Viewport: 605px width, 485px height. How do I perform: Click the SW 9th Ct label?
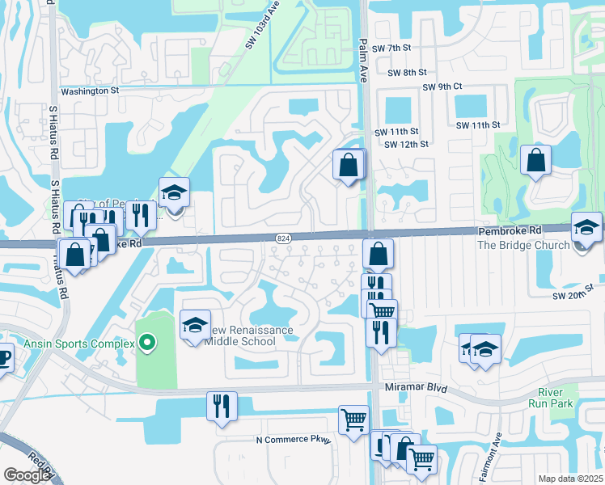[x=441, y=86]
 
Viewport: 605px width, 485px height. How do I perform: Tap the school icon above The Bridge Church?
[x=586, y=227]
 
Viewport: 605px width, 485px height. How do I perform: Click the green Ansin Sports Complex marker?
[x=146, y=344]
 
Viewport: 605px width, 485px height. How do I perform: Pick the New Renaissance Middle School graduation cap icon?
[x=194, y=325]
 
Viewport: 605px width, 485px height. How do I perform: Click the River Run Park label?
[x=550, y=396]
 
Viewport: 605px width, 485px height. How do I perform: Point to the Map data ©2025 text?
[x=571, y=479]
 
